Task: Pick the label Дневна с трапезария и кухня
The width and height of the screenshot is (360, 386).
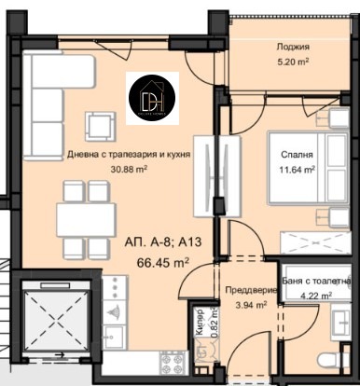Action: coord(122,155)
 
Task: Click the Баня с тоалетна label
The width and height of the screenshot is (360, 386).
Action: coord(316,282)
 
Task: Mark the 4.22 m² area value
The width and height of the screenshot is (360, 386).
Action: coord(316,297)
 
